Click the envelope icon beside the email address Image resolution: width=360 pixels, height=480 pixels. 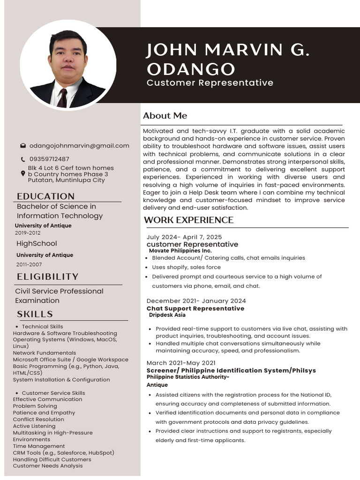click(23, 146)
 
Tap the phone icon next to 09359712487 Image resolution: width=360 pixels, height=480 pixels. click(23, 159)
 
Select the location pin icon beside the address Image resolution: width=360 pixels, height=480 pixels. click(23, 174)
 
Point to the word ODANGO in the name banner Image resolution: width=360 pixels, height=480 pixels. click(190, 69)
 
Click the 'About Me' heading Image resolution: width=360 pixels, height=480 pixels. click(165, 116)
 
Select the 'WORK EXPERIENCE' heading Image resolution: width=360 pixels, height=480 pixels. click(188, 220)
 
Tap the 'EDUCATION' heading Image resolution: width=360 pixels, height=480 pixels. click(45, 196)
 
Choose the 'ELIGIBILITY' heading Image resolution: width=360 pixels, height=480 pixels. click(47, 277)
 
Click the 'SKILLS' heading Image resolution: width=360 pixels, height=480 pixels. click(35, 314)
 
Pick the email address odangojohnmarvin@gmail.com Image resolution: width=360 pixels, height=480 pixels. click(79, 146)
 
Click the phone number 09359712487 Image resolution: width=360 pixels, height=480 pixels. click(49, 159)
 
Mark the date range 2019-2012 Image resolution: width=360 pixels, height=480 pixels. click(28, 233)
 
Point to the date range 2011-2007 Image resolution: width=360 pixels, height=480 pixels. click(29, 264)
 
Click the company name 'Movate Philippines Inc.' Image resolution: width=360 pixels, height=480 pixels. click(180, 251)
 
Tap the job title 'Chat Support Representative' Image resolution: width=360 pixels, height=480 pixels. click(195, 308)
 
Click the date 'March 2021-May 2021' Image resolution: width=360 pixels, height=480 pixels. click(181, 363)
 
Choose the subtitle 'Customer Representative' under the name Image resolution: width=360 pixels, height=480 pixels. click(210, 83)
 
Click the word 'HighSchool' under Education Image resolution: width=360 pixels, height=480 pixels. click(37, 244)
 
